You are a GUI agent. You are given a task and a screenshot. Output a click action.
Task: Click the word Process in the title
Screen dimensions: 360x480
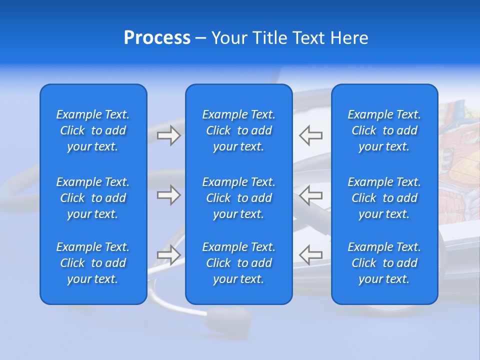pyautogui.click(x=157, y=38)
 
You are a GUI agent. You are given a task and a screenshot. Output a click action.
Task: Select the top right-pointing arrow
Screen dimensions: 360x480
pyautogui.click(x=168, y=135)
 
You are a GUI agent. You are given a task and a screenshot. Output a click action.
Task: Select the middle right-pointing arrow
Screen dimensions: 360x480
pyautogui.click(x=168, y=195)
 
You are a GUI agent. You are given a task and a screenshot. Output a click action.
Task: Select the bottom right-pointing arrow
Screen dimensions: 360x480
pyautogui.click(x=168, y=255)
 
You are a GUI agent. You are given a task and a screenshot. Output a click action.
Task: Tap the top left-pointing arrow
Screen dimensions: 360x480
pyautogui.click(x=311, y=135)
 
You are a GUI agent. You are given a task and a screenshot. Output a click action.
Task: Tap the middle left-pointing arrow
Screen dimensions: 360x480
pyautogui.click(x=311, y=195)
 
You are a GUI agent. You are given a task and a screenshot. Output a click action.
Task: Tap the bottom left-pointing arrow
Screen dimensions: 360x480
pyautogui.click(x=311, y=255)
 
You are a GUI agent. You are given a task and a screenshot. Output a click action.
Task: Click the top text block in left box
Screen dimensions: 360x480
pyautogui.click(x=93, y=130)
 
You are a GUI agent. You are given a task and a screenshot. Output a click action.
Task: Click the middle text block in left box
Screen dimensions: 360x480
pyautogui.click(x=93, y=198)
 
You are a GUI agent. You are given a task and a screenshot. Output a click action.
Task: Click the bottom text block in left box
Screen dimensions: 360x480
pyautogui.click(x=93, y=263)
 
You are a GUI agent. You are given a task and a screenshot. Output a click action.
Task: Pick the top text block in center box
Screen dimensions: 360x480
pyautogui.click(x=239, y=130)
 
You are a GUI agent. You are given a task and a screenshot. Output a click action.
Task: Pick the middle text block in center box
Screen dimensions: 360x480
pyautogui.click(x=239, y=198)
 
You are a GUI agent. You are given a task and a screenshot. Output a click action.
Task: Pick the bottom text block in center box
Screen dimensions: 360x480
pyautogui.click(x=239, y=263)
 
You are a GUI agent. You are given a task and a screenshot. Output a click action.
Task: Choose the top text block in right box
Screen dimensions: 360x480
pyautogui.click(x=384, y=130)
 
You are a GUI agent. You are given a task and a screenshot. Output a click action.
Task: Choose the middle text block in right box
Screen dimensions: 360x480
pyautogui.click(x=384, y=198)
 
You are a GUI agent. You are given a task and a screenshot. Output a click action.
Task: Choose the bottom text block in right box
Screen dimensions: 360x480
pyautogui.click(x=384, y=263)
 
